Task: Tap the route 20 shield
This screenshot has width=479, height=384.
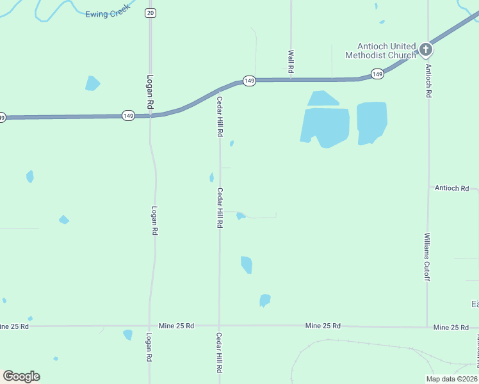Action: [x=150, y=13]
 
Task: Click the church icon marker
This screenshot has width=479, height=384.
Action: [x=426, y=49]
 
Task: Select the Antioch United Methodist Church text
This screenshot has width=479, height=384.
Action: [x=380, y=51]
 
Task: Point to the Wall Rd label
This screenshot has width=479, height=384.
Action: [x=291, y=61]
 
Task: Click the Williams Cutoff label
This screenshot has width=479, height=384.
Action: [x=427, y=257]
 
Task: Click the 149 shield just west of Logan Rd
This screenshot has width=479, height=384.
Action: [x=128, y=115]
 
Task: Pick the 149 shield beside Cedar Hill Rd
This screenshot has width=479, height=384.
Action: [x=249, y=81]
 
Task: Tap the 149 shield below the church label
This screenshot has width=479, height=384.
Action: [x=377, y=74]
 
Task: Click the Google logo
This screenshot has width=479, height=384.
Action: [x=21, y=376]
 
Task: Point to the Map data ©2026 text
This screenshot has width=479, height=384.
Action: [x=451, y=379]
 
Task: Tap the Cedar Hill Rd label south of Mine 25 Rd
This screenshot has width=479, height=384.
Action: [x=219, y=353]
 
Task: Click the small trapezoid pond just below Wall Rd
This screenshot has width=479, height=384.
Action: [x=323, y=99]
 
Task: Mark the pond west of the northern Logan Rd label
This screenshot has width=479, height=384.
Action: [x=92, y=83]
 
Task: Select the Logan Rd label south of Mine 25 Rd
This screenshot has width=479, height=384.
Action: [x=149, y=348]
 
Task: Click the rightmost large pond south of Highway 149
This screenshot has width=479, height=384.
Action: [x=371, y=122]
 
